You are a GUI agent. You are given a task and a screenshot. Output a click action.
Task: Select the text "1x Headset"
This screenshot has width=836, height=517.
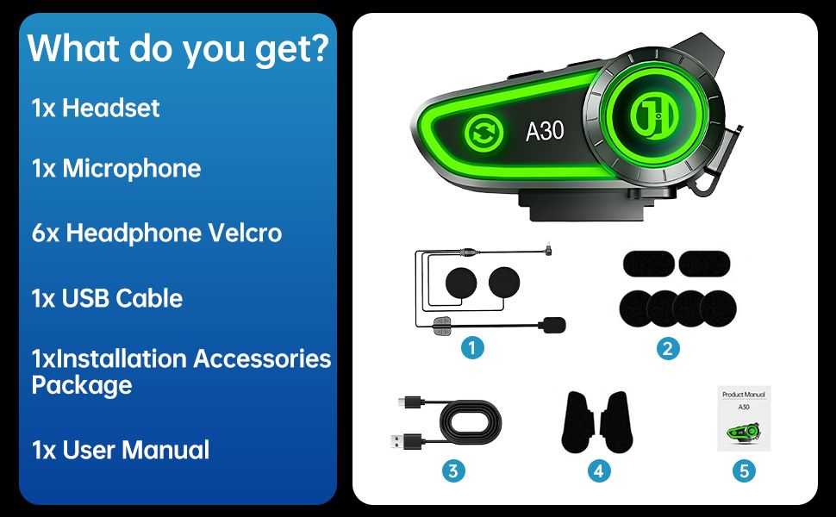(96, 108)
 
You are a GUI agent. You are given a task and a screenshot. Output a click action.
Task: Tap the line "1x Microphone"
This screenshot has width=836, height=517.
(116, 168)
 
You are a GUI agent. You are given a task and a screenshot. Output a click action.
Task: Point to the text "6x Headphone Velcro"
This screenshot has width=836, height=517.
(156, 233)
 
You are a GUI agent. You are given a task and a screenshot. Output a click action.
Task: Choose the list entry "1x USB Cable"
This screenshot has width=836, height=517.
(107, 298)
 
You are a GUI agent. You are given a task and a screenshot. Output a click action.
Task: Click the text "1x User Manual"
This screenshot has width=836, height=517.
(121, 449)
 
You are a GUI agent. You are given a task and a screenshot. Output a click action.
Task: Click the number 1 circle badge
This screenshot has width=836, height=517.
(471, 348)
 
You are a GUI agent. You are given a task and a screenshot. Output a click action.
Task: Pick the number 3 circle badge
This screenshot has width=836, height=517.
(453, 470)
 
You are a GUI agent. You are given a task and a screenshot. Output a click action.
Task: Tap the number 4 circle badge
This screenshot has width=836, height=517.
(600, 470)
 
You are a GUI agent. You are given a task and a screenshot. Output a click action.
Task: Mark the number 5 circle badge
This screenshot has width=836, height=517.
(746, 470)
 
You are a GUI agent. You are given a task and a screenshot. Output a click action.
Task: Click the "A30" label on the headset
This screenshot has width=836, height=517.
(545, 131)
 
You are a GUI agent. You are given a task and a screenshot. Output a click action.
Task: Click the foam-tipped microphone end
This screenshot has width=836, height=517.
(551, 324)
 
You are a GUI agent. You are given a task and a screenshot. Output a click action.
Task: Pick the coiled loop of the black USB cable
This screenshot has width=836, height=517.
(471, 425)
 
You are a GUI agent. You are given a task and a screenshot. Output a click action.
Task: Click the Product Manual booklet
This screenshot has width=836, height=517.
(744, 419)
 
